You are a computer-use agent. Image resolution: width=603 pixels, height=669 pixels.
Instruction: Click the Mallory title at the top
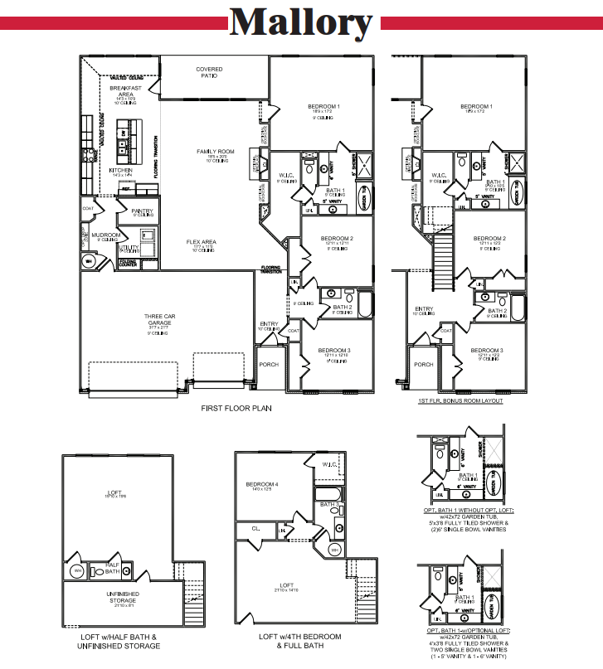(300, 22)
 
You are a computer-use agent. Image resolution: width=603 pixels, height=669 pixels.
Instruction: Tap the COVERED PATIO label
(209, 72)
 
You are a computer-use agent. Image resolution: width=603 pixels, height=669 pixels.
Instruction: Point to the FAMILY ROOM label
(216, 152)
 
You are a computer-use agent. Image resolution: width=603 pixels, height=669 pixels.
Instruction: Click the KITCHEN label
(121, 170)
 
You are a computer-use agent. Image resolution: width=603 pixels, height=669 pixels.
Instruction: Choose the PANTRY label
(142, 211)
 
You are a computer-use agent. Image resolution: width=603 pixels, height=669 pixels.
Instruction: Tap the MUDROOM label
(106, 235)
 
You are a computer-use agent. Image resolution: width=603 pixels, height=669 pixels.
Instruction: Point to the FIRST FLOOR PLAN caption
(236, 409)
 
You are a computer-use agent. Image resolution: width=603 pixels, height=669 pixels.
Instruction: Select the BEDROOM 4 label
(262, 484)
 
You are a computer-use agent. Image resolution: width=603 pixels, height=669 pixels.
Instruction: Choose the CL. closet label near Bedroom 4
(255, 528)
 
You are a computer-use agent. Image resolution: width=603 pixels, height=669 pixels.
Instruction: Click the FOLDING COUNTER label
(128, 263)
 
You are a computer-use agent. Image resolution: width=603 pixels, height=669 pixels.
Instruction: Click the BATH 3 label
(329, 504)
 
